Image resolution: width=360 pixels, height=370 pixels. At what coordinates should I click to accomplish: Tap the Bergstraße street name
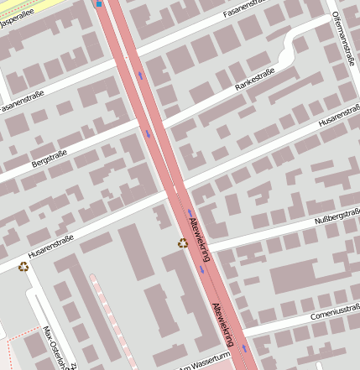(49, 159)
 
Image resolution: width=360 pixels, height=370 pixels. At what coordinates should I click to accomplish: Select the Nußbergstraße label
(337, 219)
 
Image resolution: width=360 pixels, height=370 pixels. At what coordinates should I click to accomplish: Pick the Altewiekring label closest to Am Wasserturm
(224, 323)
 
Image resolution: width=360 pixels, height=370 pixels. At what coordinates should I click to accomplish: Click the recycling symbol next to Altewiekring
(183, 243)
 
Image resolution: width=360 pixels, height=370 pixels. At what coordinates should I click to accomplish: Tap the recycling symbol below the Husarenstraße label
(23, 266)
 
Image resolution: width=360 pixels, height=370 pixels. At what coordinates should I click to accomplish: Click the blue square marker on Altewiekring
(99, 3)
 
